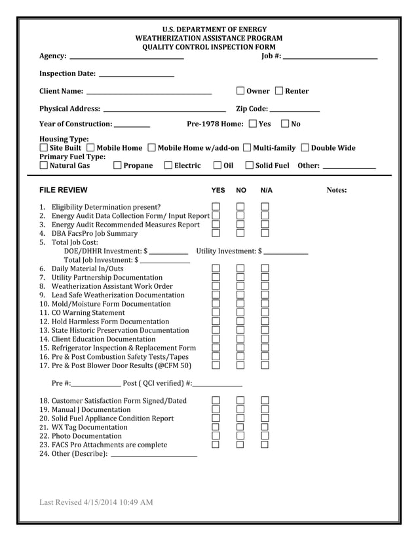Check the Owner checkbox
point(240,91)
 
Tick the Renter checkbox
point(279,91)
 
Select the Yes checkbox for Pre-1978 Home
point(253,124)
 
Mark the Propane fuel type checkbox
point(117,166)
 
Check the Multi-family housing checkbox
point(247,148)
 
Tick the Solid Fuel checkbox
point(249,166)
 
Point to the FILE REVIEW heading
point(63,191)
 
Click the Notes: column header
point(336,191)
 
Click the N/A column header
point(266,191)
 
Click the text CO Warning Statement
point(88,313)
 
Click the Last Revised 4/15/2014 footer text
point(96,502)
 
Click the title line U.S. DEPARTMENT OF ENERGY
point(209,29)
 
